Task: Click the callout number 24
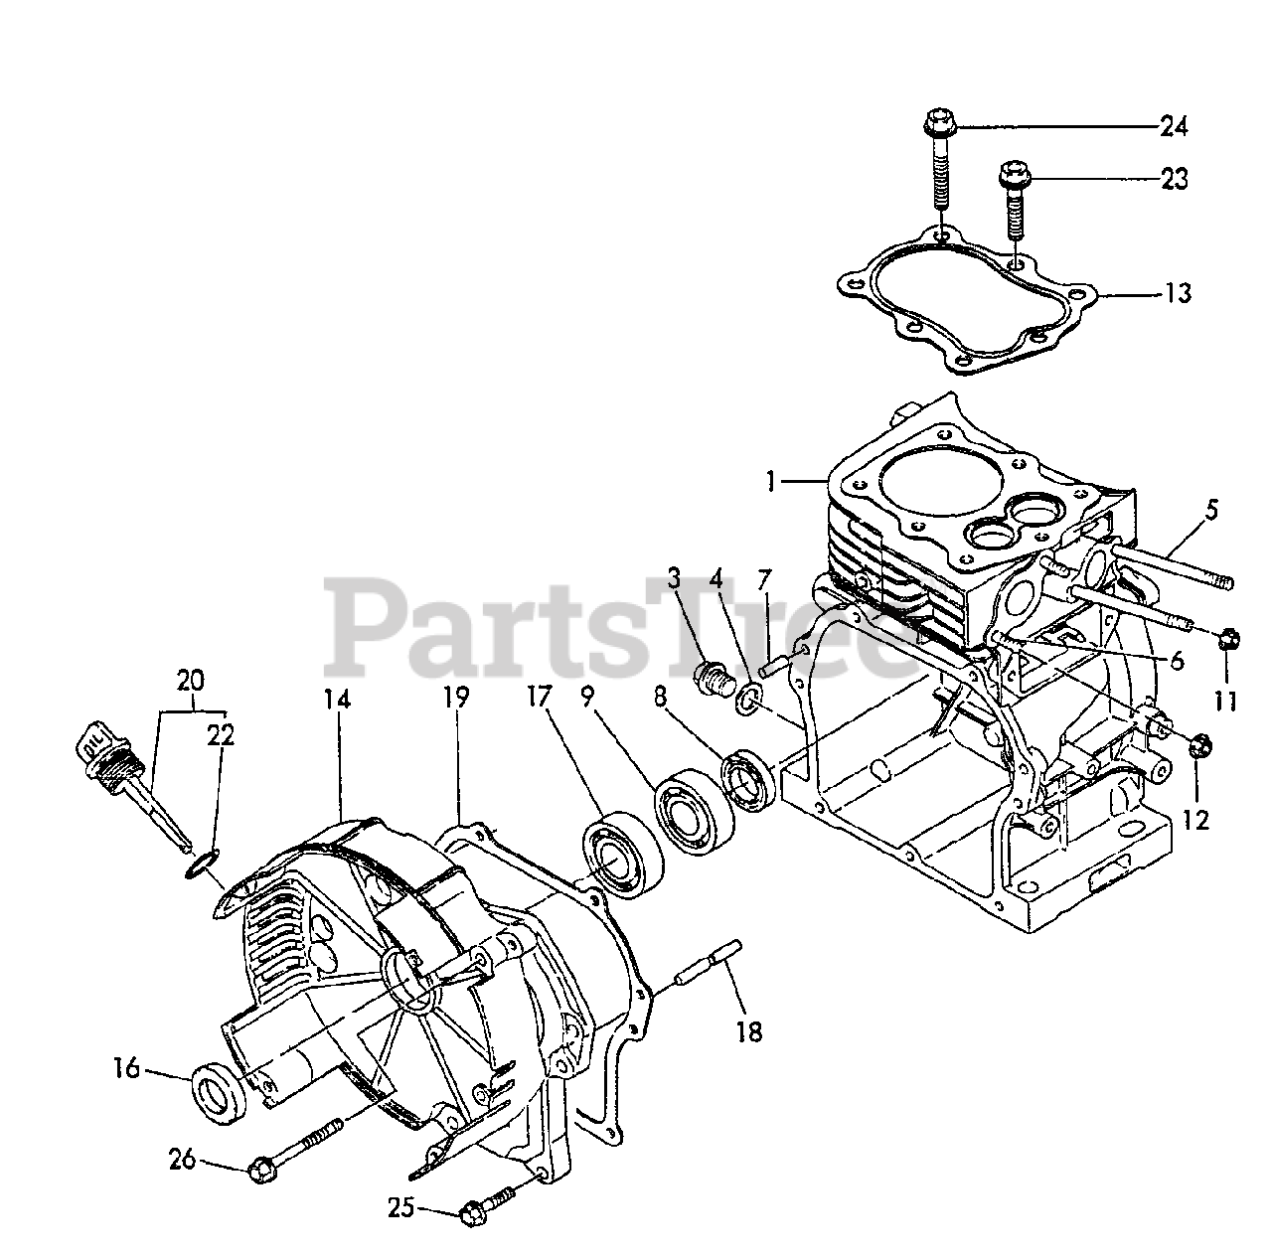pos(1174,126)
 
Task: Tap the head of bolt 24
pos(936,124)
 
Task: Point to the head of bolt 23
pos(1014,176)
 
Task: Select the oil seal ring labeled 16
pos(218,1093)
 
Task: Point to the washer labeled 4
pos(749,704)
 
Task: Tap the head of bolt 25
pos(473,1211)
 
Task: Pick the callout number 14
pos(337,700)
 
